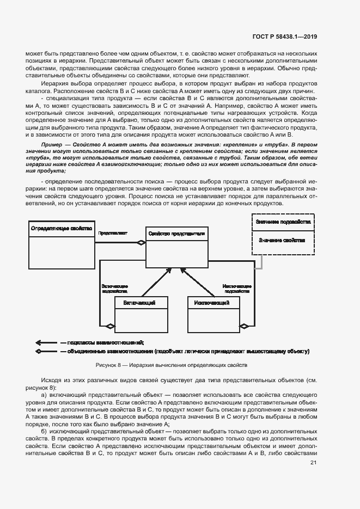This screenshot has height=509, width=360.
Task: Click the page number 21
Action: (313, 463)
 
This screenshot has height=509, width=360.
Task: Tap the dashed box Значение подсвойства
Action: (283, 223)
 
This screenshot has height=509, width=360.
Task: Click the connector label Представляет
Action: (113, 232)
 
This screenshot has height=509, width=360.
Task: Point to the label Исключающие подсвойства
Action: (237, 288)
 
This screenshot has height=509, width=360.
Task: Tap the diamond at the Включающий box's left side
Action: (110, 326)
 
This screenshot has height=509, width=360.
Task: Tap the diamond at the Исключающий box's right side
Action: (245, 326)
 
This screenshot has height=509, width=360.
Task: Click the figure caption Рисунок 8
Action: (172, 365)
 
